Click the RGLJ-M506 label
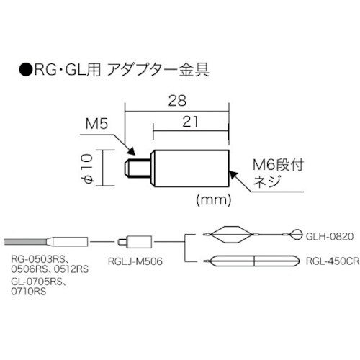(138, 265)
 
